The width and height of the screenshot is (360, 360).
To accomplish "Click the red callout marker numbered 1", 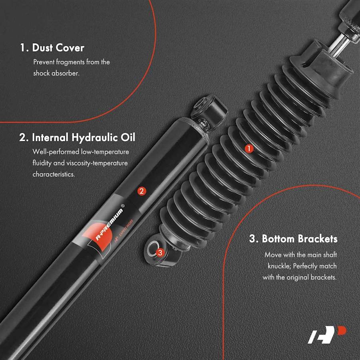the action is pyautogui.click(x=249, y=148).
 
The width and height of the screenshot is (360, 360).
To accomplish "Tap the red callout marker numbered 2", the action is pyautogui.click(x=142, y=191).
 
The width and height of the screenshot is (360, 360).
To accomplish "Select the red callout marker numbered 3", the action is pyautogui.click(x=160, y=252).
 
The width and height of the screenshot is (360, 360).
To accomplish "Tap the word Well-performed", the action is pyautogui.click(x=56, y=152).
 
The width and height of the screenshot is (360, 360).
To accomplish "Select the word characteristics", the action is pyautogui.click(x=54, y=174).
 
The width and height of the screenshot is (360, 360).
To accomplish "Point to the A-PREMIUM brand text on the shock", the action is pyautogui.click(x=109, y=225).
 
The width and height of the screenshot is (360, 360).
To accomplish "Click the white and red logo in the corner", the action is pyautogui.click(x=327, y=334).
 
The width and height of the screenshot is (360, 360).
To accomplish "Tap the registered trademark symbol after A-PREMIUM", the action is pyautogui.click(x=122, y=206).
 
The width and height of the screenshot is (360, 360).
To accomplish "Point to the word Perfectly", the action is pyautogui.click(x=305, y=266).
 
